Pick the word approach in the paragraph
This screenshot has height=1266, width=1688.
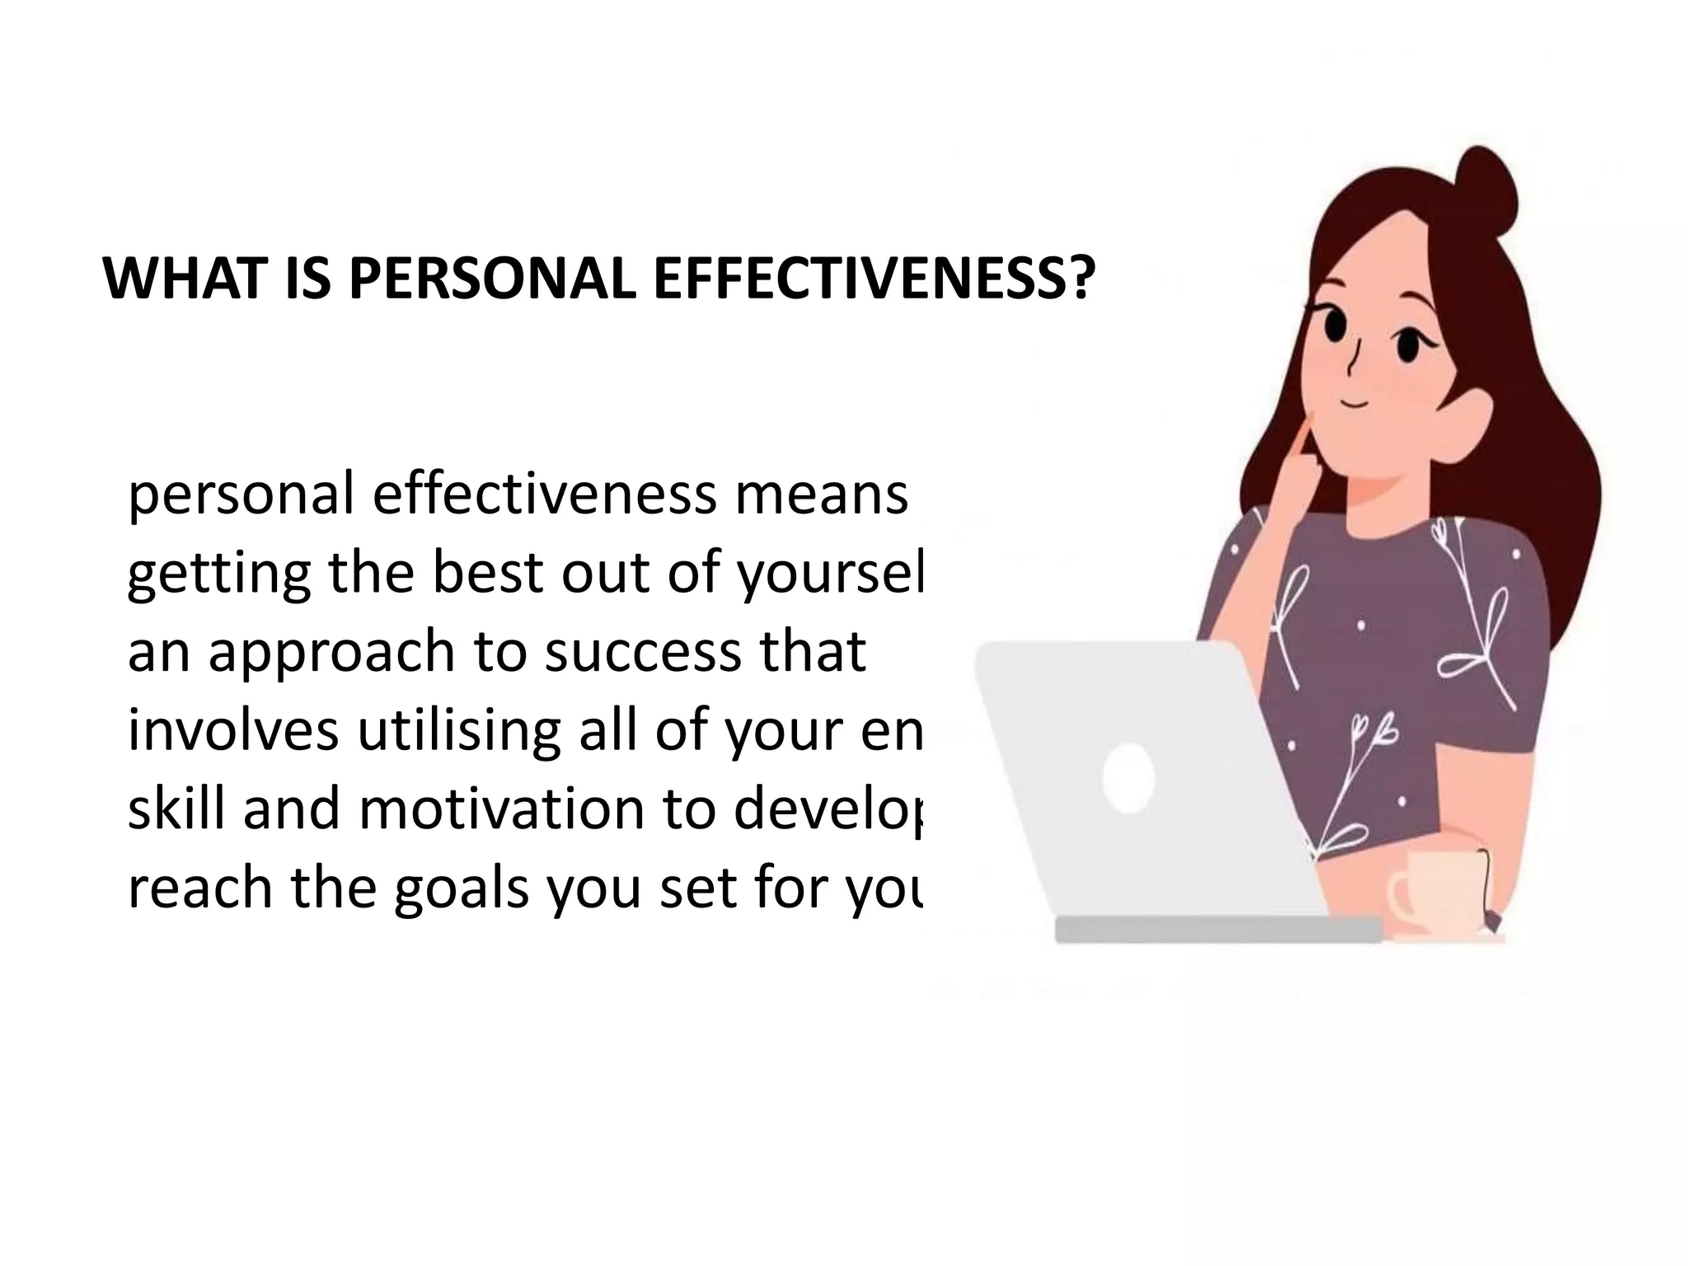click(x=331, y=653)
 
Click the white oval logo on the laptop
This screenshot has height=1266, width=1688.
click(x=1128, y=777)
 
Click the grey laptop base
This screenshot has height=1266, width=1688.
click(x=1218, y=929)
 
